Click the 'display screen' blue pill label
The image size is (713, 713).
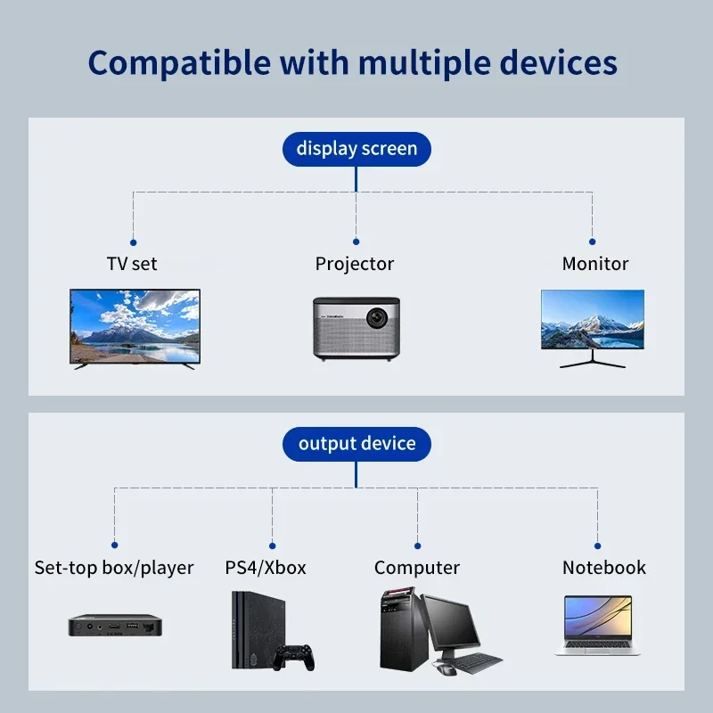click(x=356, y=148)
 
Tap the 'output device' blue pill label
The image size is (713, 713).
click(x=356, y=443)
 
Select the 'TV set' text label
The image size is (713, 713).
click(x=132, y=264)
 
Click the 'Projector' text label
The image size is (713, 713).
click(x=354, y=264)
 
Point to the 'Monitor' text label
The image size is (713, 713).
click(x=594, y=264)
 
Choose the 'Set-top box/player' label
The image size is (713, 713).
click(x=114, y=568)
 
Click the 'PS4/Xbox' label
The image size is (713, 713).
click(x=266, y=568)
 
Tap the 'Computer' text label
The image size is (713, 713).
click(x=416, y=568)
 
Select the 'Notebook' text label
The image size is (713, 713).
click(x=603, y=568)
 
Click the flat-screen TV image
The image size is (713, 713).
click(x=135, y=325)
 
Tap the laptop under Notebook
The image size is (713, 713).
click(x=597, y=626)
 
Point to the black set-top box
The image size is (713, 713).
click(x=114, y=624)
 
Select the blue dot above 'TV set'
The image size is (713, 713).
click(x=133, y=242)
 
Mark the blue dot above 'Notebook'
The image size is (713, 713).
click(x=597, y=545)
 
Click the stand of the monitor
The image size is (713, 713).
click(x=593, y=359)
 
